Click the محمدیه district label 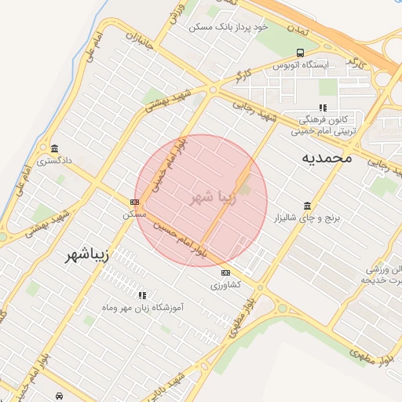click(327, 158)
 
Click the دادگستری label click(53, 160)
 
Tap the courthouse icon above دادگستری click(53, 148)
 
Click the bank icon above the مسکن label click(133, 202)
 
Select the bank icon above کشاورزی click(226, 272)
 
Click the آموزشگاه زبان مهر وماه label click(143, 307)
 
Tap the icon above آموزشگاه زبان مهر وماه click(142, 295)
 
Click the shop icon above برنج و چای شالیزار click(306, 204)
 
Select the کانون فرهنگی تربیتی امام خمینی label click(323, 126)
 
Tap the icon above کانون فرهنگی click(322, 108)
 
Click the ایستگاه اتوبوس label click(299, 65)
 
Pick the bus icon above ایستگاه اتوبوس click(299, 53)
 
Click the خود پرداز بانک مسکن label click(228, 27)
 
